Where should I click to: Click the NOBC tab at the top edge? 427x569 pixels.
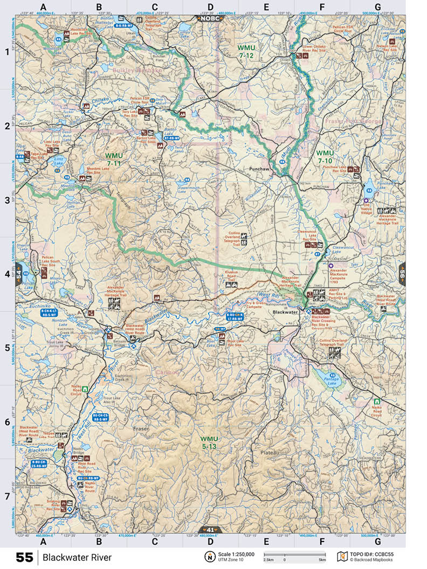210,18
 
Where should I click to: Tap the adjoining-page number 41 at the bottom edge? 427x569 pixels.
210,530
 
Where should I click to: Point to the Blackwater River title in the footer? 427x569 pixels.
78,557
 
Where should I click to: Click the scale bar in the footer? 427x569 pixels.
294,554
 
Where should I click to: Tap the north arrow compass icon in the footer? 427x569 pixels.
208,556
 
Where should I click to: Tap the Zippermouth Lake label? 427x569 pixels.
175,189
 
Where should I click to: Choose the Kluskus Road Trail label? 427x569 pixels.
230,276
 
